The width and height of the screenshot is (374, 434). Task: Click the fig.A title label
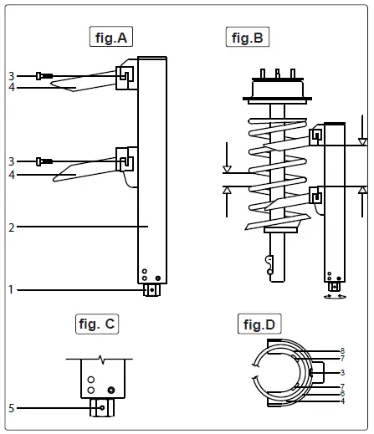[x=111, y=37]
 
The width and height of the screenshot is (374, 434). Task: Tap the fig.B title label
[x=248, y=37]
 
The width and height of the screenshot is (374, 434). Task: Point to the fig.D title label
[x=259, y=324]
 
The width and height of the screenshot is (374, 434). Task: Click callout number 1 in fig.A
[x=11, y=289]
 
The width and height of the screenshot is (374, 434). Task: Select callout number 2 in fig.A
[x=11, y=226]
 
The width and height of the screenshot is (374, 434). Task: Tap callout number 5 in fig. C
[x=11, y=408]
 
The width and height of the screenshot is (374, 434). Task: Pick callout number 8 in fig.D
[x=342, y=350]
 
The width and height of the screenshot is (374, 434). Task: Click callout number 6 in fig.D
[x=342, y=394]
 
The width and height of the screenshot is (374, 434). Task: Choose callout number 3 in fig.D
[x=342, y=372]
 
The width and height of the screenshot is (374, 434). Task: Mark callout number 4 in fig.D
[x=342, y=402]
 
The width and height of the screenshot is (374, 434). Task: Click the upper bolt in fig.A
[x=45, y=76]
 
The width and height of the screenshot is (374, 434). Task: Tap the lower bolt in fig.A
[x=45, y=161]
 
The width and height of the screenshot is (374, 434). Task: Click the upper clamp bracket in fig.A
[x=125, y=74]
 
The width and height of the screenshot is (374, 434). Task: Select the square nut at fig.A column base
[x=151, y=290]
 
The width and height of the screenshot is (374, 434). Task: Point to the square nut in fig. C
[x=100, y=409]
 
